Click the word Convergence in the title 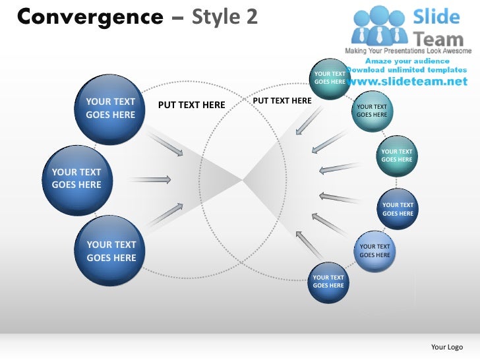coord(89,16)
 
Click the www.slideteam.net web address coord(405,82)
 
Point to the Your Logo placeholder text coord(446,347)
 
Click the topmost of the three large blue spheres coord(110,109)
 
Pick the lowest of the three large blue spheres coord(110,251)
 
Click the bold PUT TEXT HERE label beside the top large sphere coord(191,105)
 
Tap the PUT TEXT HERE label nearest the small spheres coord(282,101)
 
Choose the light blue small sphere coord(375,251)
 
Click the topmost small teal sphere coord(330,78)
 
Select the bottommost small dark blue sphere coord(328,282)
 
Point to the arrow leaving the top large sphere coord(166,144)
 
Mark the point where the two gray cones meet coord(243,179)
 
